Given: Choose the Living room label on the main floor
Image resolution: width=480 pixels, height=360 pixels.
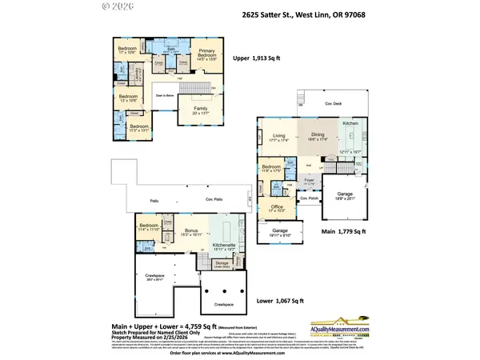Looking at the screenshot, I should (278, 137).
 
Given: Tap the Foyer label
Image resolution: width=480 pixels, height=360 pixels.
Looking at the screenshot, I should (309, 181).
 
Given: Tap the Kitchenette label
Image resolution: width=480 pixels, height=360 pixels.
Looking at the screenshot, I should (223, 246).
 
